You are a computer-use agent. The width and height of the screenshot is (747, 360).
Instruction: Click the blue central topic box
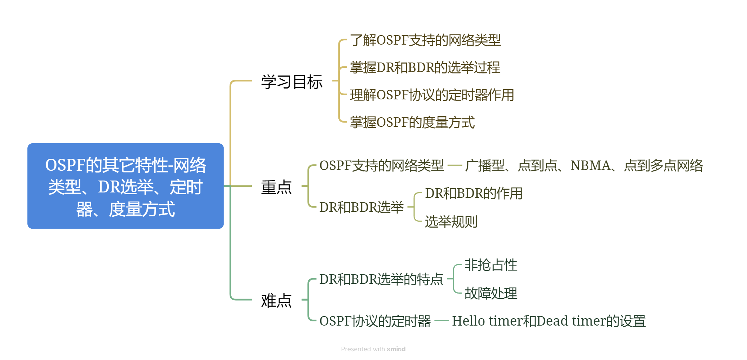pos(125,186)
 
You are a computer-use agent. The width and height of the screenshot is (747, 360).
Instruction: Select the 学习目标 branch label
pos(292,82)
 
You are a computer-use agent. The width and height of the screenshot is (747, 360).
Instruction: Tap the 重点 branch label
pos(276,187)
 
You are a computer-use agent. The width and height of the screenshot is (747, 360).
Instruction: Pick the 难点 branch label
pos(276,301)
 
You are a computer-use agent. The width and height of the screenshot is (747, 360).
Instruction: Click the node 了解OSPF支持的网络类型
pos(425,40)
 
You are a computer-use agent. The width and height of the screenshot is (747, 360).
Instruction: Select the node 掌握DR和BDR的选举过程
pos(425,67)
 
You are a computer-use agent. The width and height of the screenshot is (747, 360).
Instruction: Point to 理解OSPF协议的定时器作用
pos(432,95)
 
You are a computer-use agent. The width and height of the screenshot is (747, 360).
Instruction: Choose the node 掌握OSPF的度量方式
pos(412,122)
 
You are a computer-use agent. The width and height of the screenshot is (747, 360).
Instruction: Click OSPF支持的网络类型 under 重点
pos(382,165)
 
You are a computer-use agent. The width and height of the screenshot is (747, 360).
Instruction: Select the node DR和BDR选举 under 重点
pos(362,207)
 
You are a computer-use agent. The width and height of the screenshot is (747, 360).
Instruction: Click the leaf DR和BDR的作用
pos(474,193)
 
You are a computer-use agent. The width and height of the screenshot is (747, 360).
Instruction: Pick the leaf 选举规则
pos(451,222)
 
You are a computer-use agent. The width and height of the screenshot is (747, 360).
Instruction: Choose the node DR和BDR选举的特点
pos(381,279)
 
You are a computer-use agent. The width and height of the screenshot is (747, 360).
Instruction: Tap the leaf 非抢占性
pos(491,265)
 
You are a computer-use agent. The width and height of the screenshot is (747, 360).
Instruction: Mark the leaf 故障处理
pos(491,293)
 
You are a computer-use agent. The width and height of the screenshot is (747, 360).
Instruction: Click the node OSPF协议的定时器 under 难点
pos(375,321)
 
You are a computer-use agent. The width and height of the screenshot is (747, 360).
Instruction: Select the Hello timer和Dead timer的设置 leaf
pos(549,321)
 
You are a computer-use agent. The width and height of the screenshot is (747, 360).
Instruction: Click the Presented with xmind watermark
pos(373,349)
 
